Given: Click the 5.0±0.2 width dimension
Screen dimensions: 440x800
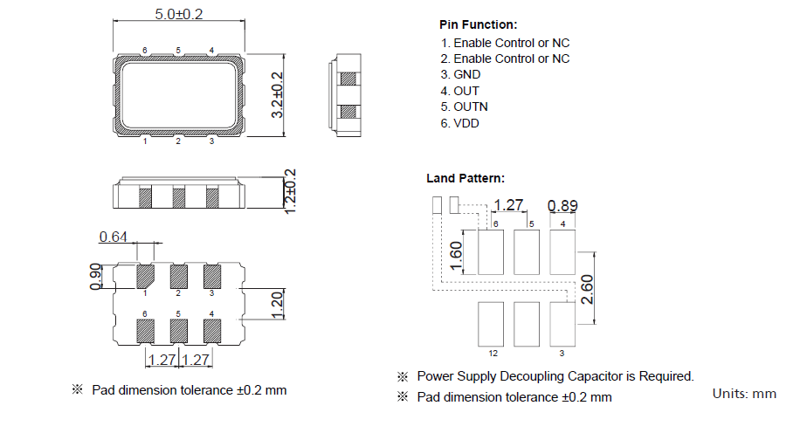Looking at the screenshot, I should (178, 15).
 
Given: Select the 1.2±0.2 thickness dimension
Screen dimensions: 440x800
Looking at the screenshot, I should (291, 191).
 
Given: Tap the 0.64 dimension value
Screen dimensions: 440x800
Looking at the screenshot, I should (114, 237).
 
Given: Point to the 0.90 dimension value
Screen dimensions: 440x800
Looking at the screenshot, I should (97, 275).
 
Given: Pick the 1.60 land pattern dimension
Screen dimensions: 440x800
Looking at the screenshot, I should (454, 254).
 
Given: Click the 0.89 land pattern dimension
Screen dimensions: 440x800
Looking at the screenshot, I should (562, 206).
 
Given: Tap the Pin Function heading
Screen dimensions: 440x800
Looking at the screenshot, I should (478, 24).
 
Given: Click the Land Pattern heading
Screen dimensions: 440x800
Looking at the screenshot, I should (465, 178).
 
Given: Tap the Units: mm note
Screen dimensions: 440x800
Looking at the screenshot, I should (744, 394).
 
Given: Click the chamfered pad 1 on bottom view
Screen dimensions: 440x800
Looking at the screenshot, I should (145, 276).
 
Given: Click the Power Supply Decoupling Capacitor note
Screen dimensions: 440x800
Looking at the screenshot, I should (555, 376).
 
